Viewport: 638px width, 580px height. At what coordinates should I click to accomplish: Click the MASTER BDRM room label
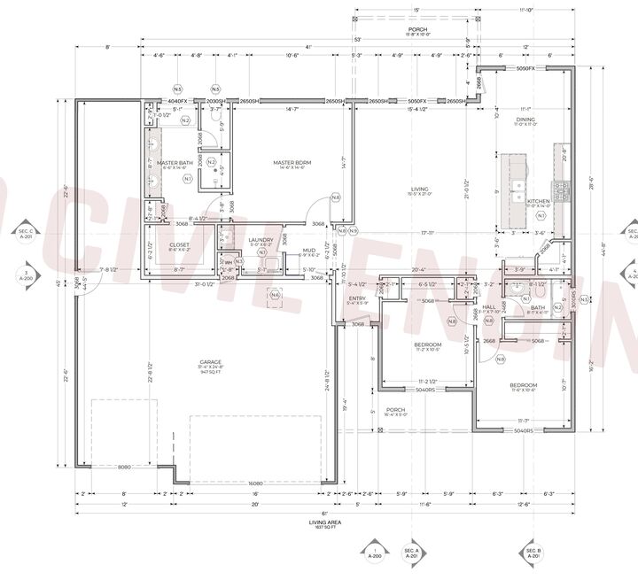289,163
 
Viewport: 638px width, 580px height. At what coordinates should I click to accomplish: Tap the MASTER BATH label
175,163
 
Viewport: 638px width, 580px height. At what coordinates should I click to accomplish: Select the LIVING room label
418,189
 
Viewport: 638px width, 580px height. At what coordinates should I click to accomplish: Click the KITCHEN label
538,201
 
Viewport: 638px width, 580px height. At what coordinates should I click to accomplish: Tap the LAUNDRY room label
261,239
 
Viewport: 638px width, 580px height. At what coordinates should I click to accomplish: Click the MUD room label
309,251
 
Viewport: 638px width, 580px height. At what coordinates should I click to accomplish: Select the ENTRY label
357,298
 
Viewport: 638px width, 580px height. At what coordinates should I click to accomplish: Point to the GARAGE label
210,362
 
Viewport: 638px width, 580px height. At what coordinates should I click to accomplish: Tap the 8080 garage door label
124,466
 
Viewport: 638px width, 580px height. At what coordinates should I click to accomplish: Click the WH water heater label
228,261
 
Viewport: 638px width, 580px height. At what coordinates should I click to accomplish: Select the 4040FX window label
177,101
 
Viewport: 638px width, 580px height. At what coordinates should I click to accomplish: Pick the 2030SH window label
215,101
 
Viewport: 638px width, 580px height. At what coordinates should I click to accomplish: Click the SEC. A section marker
410,552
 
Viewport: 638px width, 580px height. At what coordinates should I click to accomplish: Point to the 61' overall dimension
324,513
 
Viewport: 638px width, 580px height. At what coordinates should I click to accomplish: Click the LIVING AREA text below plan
324,522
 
